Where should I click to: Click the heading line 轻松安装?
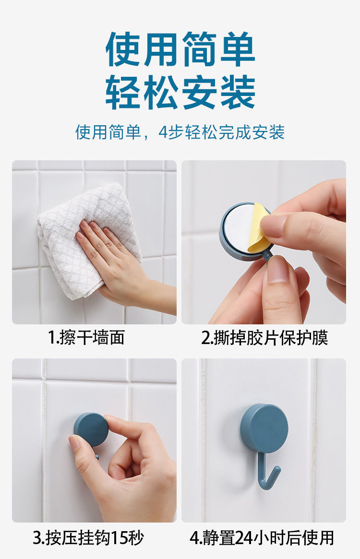coord(180,92)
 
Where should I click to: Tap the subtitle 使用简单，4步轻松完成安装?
coord(180,132)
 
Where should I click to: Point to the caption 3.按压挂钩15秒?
coord(88,538)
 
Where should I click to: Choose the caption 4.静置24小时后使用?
coord(262,538)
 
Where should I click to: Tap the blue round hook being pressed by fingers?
coord(91,429)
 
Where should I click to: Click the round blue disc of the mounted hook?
coord(264,428)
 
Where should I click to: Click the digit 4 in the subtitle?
coord(163,132)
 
